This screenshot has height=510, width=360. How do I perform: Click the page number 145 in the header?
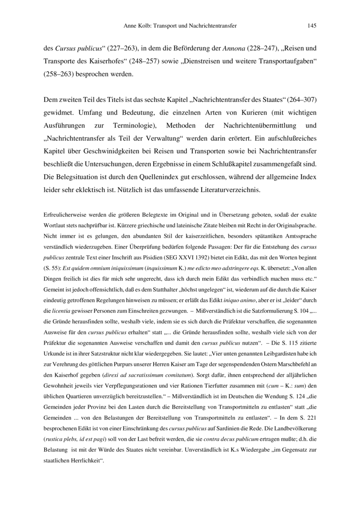coord(311,27)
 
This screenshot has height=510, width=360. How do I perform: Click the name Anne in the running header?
coord(131,27)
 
